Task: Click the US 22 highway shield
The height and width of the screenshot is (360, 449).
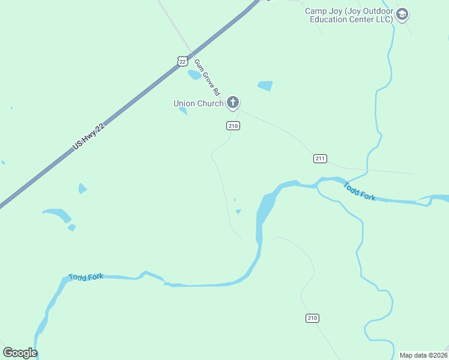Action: click(182, 61)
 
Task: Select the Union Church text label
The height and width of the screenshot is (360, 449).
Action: click(198, 103)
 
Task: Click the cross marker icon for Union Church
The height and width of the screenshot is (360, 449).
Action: click(233, 103)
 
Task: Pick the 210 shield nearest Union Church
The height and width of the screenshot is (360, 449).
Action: click(234, 125)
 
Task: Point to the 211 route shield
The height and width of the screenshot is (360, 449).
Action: click(320, 158)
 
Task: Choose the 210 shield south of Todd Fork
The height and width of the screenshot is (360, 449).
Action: click(312, 317)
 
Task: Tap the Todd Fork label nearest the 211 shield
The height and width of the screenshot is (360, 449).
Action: click(359, 192)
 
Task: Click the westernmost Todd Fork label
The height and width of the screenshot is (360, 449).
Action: click(86, 277)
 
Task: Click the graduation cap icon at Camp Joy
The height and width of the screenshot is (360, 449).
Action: click(402, 14)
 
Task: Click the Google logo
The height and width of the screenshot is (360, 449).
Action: click(20, 353)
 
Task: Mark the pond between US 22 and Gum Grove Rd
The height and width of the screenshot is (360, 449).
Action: click(194, 75)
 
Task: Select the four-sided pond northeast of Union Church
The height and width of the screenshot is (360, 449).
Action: click(265, 86)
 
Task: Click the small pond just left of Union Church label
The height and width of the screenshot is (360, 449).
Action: click(183, 111)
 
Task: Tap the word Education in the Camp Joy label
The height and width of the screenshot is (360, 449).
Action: click(331, 19)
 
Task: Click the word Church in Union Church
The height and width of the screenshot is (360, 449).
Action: click(211, 103)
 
